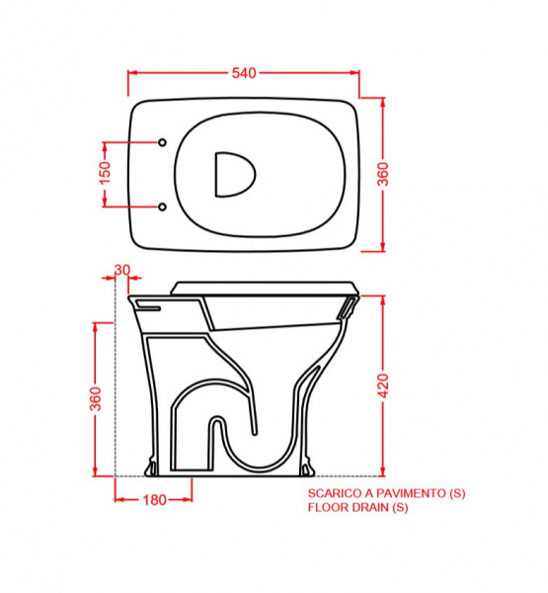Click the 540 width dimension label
pyautogui.click(x=244, y=73)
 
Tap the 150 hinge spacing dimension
pyautogui.click(x=106, y=172)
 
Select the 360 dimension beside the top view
pyautogui.click(x=383, y=174)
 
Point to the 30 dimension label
pyautogui.click(x=122, y=270)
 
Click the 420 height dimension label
pyautogui.click(x=383, y=385)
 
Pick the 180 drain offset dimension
pyautogui.click(x=155, y=500)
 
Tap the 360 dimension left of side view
pyautogui.click(x=96, y=398)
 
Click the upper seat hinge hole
pyautogui.click(x=162, y=142)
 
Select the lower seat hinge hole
pyautogui.click(x=162, y=207)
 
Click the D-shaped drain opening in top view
pyautogui.click(x=234, y=175)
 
